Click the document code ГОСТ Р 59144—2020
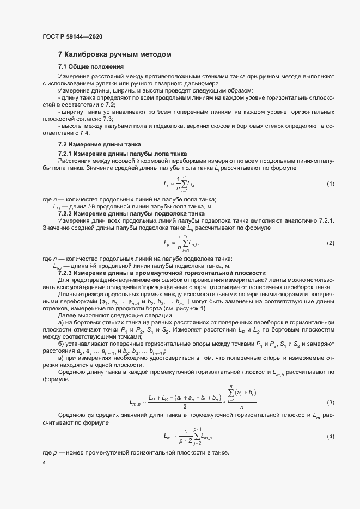[72, 36]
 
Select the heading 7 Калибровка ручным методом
[115, 54]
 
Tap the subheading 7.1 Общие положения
[83, 66]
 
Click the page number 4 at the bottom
[44, 463]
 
